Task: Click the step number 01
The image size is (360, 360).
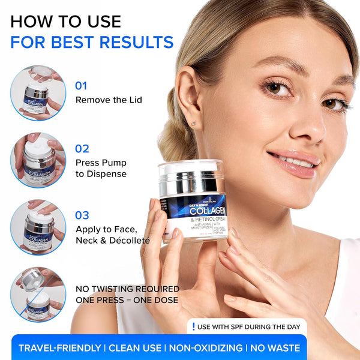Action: point(81,85)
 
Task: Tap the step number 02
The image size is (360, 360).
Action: point(82,148)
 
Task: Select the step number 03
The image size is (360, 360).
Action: point(82,215)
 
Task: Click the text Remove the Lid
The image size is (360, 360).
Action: point(109,100)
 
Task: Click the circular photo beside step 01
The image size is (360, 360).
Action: point(37,93)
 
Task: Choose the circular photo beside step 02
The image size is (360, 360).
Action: point(37,160)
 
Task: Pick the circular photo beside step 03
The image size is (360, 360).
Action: point(37,227)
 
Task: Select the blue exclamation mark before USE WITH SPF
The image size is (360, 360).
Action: point(194,327)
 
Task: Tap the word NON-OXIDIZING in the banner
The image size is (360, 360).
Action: point(206,348)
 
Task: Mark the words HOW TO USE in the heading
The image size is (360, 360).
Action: point(65,22)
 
